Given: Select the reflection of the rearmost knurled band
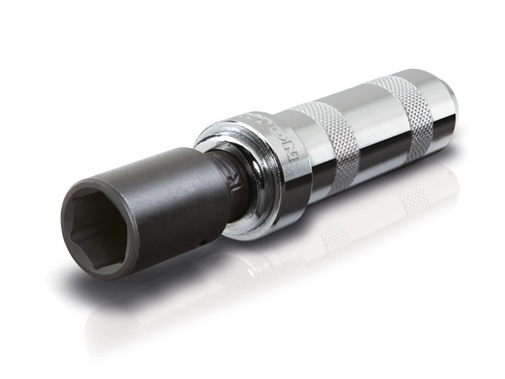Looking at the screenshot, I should pyautogui.click(x=411, y=195).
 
